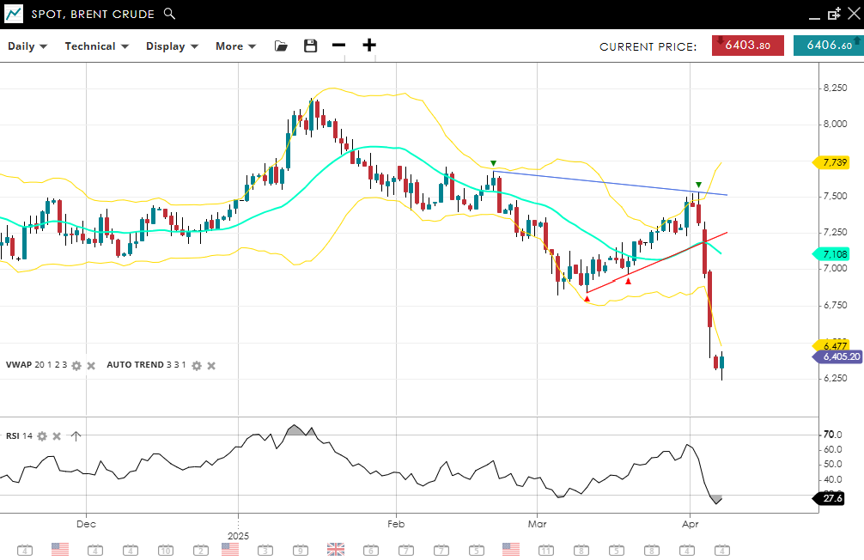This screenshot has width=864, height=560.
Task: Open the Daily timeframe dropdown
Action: (27, 46)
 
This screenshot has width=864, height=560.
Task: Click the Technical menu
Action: (96, 46)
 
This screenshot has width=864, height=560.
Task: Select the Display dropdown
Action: (172, 46)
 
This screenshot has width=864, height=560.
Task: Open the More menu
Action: (235, 46)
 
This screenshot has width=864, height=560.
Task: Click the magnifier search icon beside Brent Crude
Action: (169, 14)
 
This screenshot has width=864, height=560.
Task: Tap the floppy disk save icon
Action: (311, 46)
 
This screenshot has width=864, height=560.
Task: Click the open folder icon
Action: (281, 46)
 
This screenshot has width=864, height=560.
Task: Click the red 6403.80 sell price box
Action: (747, 46)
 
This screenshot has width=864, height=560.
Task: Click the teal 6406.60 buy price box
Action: (828, 46)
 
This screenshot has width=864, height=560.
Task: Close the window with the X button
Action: (853, 14)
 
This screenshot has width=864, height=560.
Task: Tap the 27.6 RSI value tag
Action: (832, 498)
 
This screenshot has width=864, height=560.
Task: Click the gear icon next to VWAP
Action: (76, 365)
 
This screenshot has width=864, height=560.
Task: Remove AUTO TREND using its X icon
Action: (211, 365)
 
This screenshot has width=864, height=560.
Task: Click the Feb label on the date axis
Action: (395, 523)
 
